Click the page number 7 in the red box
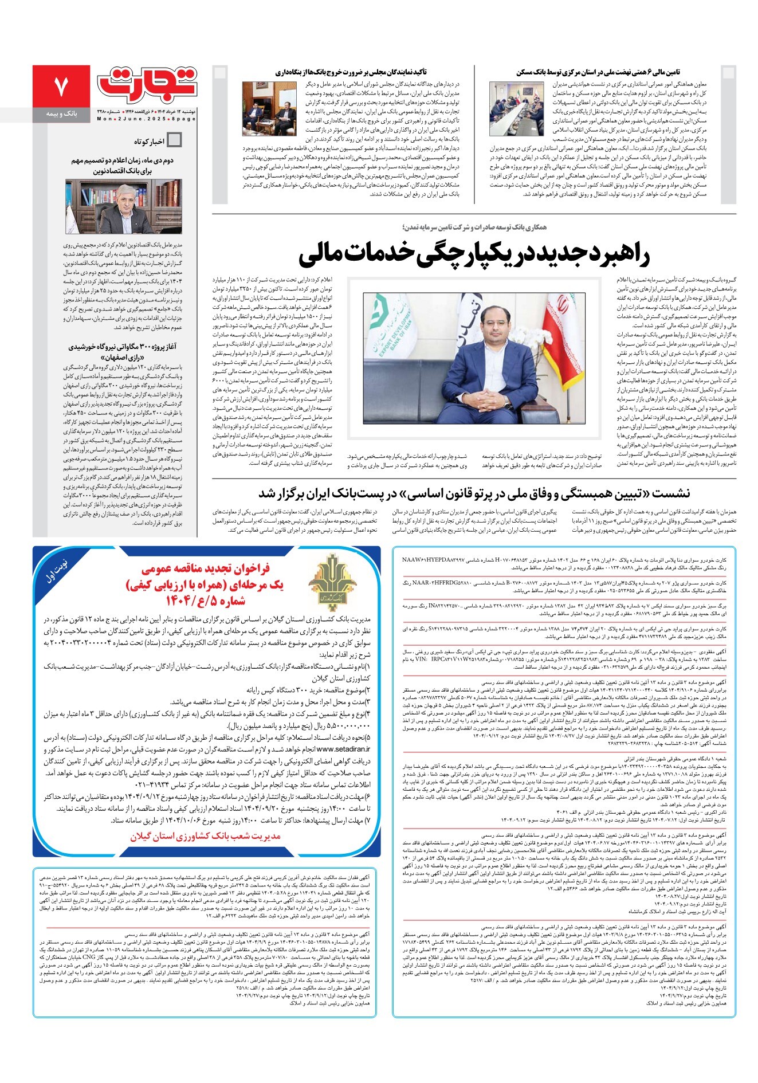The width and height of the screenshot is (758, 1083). click(61, 87)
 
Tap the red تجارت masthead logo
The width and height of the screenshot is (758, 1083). click(147, 83)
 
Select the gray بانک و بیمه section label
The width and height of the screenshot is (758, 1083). click(62, 115)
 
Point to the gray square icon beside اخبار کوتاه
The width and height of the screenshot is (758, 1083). click(174, 140)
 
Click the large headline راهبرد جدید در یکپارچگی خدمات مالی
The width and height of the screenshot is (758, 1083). click(474, 255)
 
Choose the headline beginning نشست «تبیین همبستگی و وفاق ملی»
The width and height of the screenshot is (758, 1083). click(474, 493)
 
